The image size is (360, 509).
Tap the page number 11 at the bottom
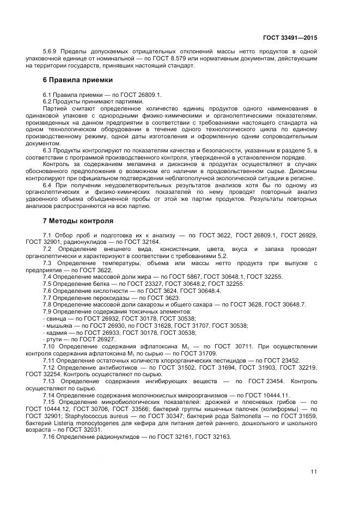click(314, 471)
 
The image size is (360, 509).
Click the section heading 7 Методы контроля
click(78, 221)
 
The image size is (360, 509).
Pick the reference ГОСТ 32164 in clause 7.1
click(139, 242)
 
